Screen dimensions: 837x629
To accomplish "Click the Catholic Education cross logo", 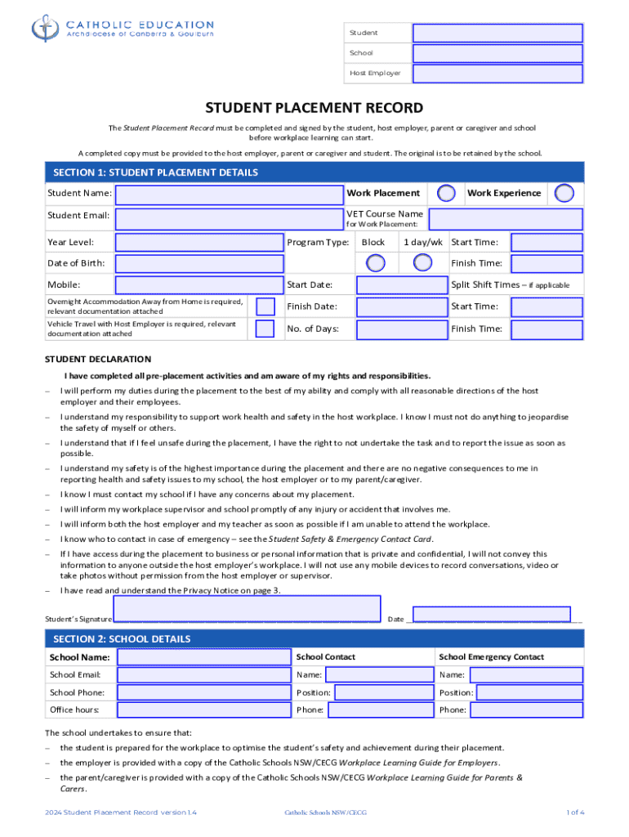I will pyautogui.click(x=42, y=29).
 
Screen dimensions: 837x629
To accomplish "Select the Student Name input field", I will pyautogui.click(x=229, y=195).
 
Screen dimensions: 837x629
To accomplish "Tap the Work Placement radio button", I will pyautogui.click(x=447, y=194).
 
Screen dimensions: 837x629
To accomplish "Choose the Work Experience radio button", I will pyautogui.click(x=564, y=194).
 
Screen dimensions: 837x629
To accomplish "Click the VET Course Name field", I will pyautogui.click(x=506, y=219).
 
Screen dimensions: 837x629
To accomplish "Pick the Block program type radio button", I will pyautogui.click(x=375, y=263).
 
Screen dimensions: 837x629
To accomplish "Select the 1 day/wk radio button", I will pyautogui.click(x=422, y=263).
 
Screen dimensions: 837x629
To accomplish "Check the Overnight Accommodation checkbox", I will pyautogui.click(x=265, y=307).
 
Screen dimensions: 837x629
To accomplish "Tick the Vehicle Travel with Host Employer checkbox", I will pyautogui.click(x=265, y=329).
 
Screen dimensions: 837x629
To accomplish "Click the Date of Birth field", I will pyautogui.click(x=199, y=263).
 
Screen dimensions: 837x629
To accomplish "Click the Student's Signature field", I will pyautogui.click(x=247, y=609).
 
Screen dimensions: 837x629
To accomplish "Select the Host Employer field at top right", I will pyautogui.click(x=497, y=74).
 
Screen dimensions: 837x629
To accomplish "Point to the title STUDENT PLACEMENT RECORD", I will pyautogui.click(x=314, y=108).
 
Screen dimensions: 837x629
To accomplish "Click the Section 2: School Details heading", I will pyautogui.click(x=122, y=639).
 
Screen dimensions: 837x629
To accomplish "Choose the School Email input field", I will pyautogui.click(x=203, y=675).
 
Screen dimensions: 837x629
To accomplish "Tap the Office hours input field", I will pyautogui.click(x=203, y=710).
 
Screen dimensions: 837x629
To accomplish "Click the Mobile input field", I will pyautogui.click(x=199, y=285).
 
